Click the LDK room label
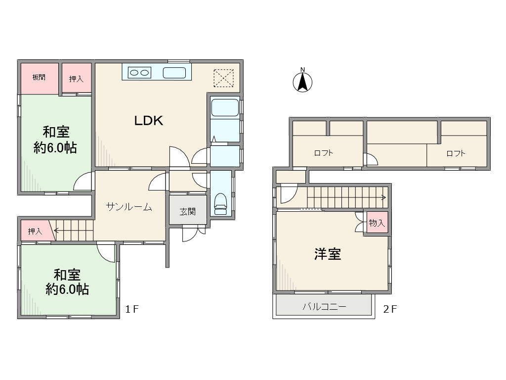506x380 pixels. (148, 121)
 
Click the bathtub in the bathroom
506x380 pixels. (225, 107)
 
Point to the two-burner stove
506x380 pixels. (139, 73)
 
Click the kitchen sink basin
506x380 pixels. (174, 73)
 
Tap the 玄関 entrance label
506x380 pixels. (187, 212)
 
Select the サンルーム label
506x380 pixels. (129, 206)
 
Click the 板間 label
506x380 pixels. (39, 77)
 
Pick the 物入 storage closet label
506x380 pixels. (377, 223)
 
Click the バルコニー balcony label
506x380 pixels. (324, 306)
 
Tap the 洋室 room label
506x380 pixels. (328, 254)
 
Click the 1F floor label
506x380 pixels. (131, 309)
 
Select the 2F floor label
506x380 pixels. (390, 309)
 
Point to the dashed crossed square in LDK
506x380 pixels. (224, 78)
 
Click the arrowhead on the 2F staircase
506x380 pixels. (384, 197)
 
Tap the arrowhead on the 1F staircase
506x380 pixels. (56, 231)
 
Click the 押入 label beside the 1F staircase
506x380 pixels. (35, 232)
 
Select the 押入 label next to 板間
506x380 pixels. (76, 79)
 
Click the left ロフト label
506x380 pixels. (323, 153)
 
